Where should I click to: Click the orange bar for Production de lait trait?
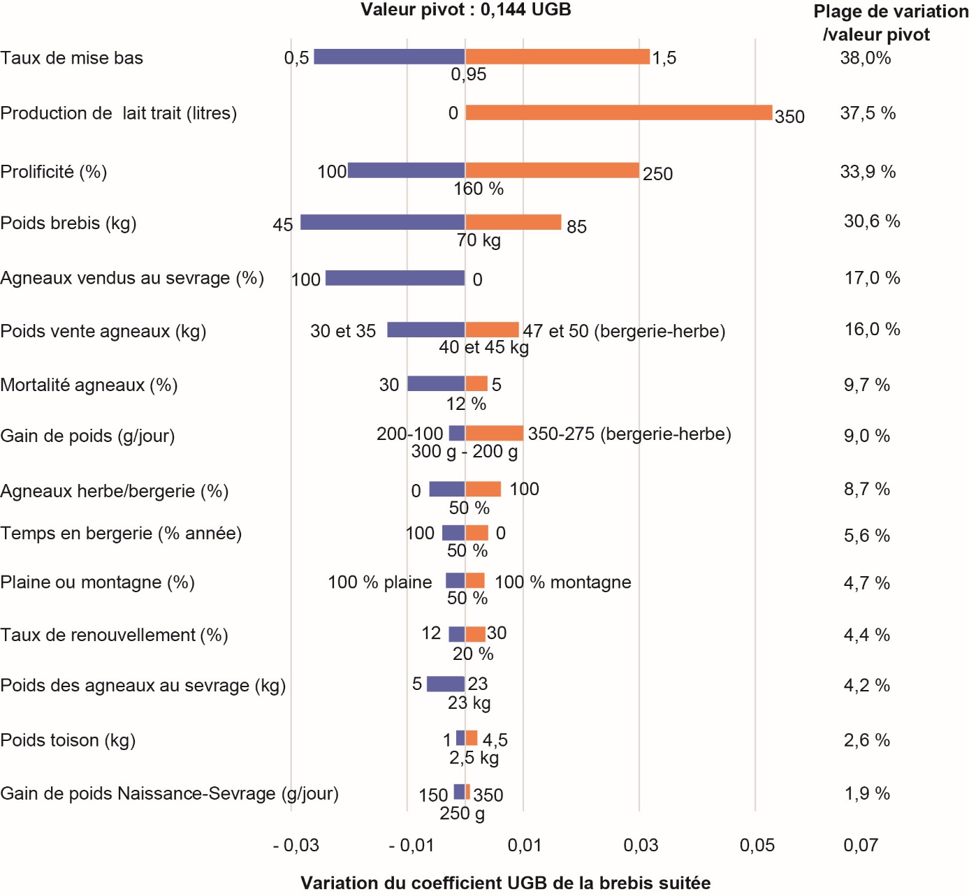coord(618,112)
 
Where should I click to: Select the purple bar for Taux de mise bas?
coord(389,57)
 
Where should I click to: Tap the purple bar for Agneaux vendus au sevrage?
coord(395,278)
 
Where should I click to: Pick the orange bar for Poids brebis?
coord(513,222)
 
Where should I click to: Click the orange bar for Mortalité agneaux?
coord(476,383)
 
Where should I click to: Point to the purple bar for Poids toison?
coord(460,738)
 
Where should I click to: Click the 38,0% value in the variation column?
coord(865,58)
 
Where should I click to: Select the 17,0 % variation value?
coord(872,278)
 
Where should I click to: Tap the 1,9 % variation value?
coord(866,793)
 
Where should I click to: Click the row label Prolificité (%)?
coord(54,172)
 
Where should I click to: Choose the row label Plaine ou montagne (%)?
coord(97,582)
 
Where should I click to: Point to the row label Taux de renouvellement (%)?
coord(114,635)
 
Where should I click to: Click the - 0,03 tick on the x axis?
coord(296,845)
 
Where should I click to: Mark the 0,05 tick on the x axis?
coord(757,845)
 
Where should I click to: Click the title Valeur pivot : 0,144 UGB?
coord(465,10)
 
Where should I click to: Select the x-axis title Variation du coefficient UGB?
coord(505,883)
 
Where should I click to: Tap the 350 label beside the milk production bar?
coord(789,117)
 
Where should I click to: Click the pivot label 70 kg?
coord(479,240)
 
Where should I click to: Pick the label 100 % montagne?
coord(562,582)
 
